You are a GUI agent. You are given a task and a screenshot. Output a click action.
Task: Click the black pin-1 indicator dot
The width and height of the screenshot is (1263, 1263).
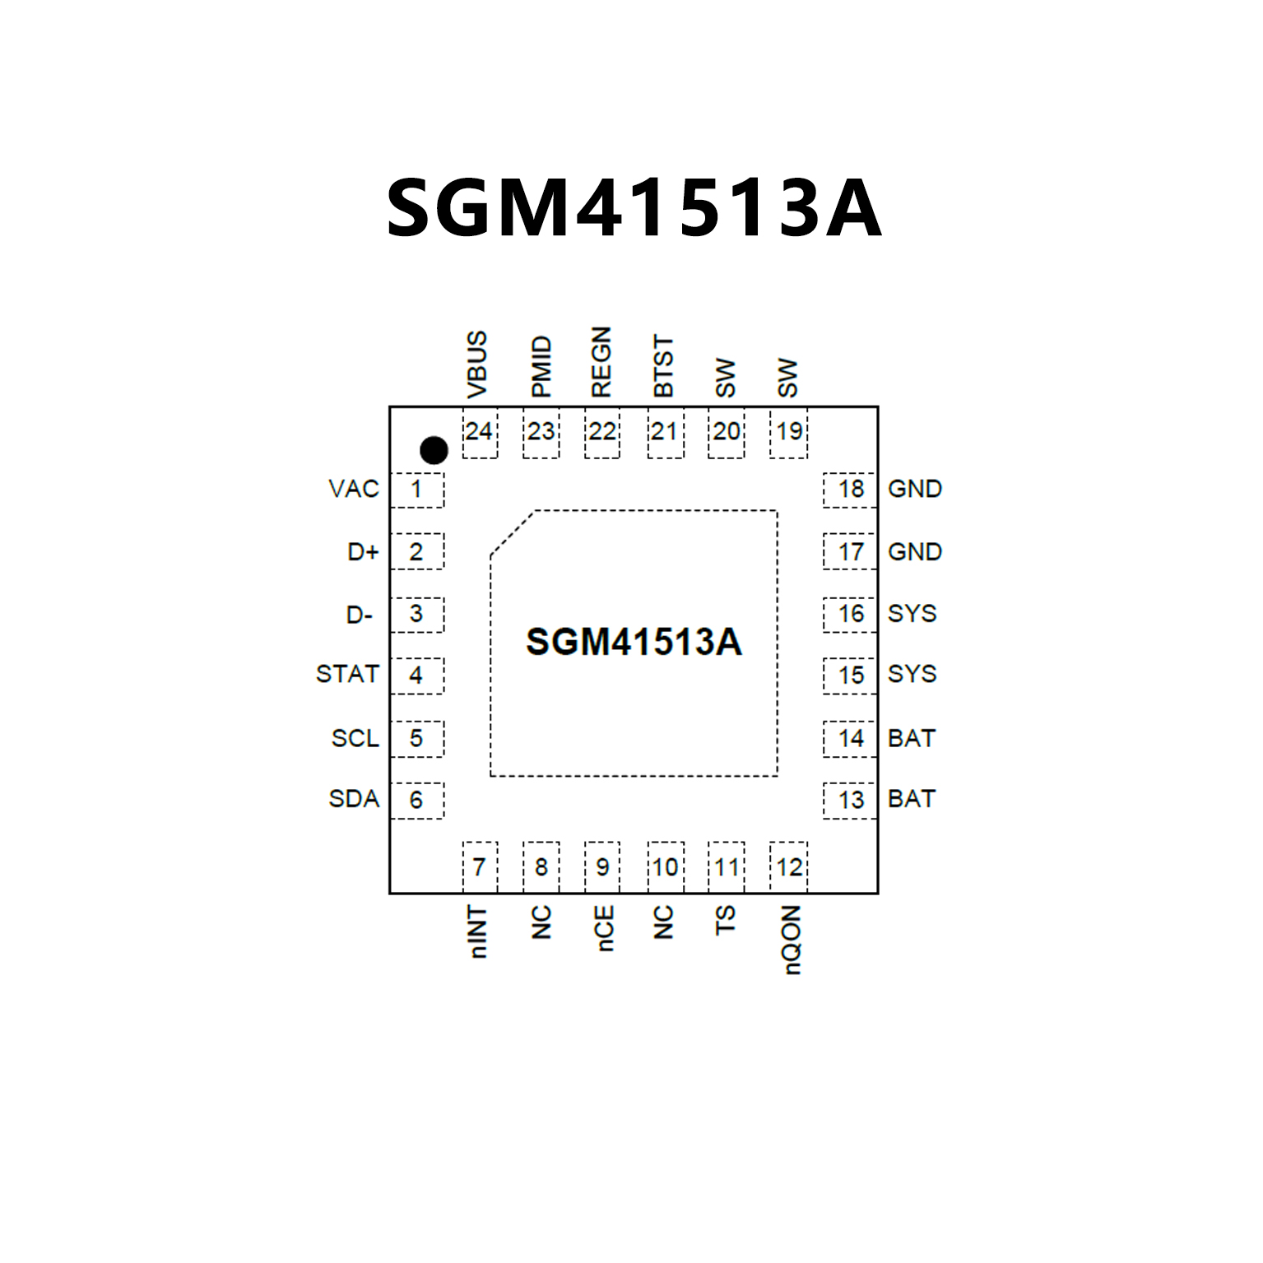(434, 450)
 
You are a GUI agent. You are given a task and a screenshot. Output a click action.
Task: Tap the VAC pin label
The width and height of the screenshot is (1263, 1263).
(354, 489)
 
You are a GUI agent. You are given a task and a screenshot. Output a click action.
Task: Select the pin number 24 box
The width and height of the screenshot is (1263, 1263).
(479, 432)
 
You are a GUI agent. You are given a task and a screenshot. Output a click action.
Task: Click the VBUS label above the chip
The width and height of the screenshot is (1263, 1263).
(477, 365)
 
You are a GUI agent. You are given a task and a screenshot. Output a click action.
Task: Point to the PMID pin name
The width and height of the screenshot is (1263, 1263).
(541, 367)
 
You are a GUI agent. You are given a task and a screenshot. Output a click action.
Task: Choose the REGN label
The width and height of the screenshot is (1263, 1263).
(601, 363)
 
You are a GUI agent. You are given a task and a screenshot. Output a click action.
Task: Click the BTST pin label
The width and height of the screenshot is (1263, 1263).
(663, 366)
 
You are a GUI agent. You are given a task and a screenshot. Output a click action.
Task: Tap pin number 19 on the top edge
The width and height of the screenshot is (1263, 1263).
(789, 431)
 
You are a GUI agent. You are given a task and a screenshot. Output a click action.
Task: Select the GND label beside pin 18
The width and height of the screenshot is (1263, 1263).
(915, 489)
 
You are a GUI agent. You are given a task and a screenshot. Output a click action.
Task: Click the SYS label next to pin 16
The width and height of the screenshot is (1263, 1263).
(912, 614)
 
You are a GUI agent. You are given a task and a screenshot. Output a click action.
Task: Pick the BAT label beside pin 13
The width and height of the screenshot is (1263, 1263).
(912, 799)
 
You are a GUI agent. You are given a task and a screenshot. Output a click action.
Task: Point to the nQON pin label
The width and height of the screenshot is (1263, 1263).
(790, 940)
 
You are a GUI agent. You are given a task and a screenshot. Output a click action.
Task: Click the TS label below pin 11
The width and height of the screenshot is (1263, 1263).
(725, 921)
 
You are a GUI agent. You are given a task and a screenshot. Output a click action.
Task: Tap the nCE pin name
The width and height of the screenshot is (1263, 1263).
(605, 929)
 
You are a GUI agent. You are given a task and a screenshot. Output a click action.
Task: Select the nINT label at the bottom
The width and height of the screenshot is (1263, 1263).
(478, 932)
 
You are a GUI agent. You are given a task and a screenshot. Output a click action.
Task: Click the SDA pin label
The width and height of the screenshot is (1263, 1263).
(354, 799)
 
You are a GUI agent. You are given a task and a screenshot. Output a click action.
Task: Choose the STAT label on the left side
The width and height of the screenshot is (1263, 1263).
(347, 675)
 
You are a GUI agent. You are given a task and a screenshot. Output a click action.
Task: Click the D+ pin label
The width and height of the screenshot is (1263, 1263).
(363, 552)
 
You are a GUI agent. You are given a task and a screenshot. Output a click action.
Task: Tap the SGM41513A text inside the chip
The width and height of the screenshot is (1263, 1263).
(634, 642)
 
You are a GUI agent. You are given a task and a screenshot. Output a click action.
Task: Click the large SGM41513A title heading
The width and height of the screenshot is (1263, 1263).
(634, 208)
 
